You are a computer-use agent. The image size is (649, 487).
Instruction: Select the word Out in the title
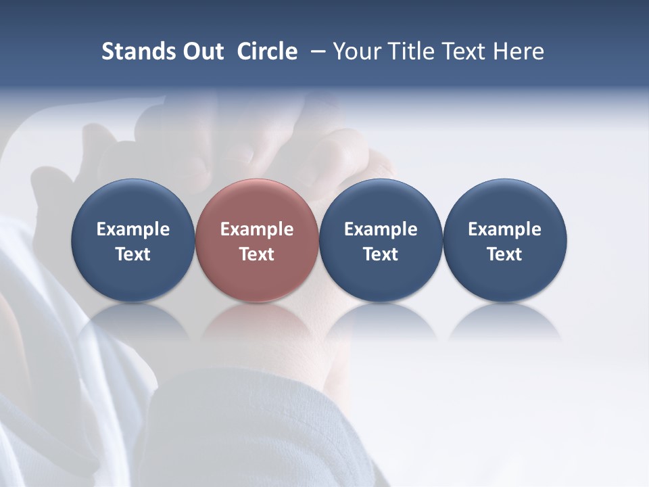click(x=201, y=51)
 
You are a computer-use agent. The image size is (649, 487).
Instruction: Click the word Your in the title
click(x=354, y=51)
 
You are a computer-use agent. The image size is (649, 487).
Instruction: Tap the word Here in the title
click(x=519, y=51)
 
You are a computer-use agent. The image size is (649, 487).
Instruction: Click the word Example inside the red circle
click(x=257, y=229)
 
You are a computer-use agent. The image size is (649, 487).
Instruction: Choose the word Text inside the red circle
click(x=257, y=254)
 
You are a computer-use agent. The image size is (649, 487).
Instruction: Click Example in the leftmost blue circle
click(x=133, y=229)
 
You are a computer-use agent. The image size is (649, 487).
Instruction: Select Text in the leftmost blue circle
click(x=133, y=254)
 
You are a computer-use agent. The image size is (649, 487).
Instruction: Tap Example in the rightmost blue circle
click(x=504, y=229)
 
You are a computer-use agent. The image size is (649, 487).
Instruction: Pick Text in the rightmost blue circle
click(x=504, y=254)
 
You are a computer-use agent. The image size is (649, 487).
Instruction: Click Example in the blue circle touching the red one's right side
click(x=381, y=229)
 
